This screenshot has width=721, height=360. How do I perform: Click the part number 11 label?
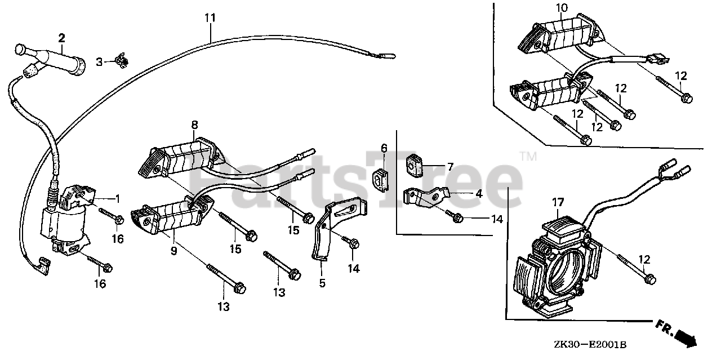(210, 17)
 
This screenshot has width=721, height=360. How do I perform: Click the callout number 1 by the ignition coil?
(117, 198)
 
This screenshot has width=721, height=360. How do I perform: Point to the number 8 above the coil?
(194, 124)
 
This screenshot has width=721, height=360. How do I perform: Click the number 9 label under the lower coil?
(174, 250)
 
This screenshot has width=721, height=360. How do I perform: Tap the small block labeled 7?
(415, 164)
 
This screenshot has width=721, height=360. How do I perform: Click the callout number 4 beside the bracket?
(478, 194)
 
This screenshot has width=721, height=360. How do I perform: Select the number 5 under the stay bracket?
(322, 283)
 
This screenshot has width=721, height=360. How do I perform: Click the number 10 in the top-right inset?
(562, 8)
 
